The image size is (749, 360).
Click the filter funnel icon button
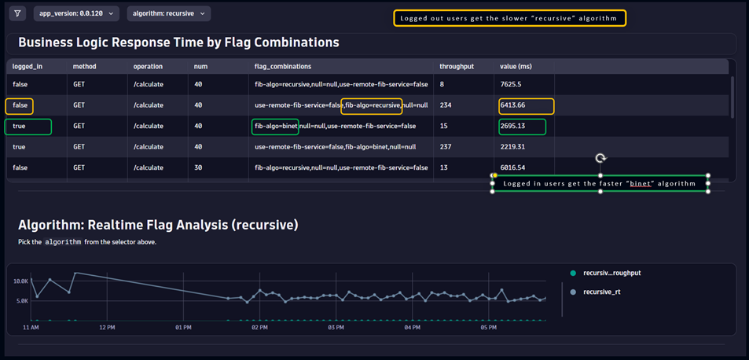coord(17,13)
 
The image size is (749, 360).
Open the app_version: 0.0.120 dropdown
coord(76,13)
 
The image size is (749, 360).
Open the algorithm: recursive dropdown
coord(168,13)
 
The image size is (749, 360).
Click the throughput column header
coord(457,67)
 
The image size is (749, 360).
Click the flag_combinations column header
coord(283,67)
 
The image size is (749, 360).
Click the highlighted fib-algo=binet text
coord(275,126)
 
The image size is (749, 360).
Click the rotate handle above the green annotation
coord(600,158)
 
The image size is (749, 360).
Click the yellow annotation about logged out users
coord(509,18)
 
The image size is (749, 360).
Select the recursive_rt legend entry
coord(601,292)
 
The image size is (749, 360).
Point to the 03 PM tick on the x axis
coord(336,327)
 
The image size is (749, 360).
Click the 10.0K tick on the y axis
coord(21,281)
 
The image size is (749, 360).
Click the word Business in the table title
coord(50,42)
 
